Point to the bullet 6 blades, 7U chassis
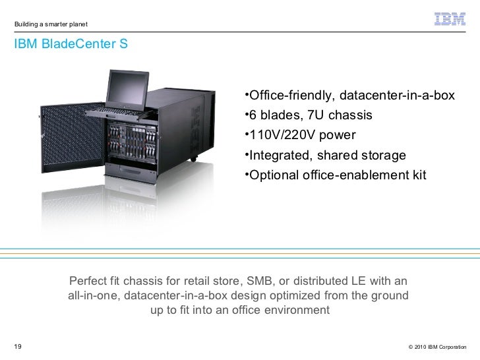306,116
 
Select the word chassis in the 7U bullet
349,116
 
